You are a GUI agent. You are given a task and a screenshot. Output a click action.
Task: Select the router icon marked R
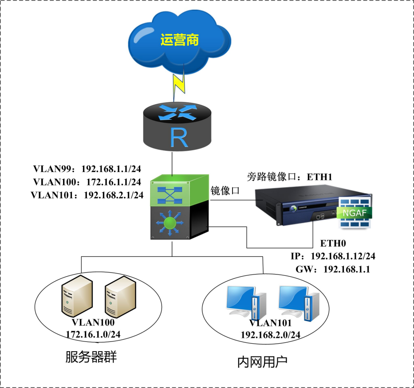click(179, 125)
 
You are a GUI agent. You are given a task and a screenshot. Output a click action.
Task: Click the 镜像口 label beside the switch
click(225, 191)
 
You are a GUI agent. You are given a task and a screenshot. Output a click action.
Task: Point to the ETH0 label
click(333, 243)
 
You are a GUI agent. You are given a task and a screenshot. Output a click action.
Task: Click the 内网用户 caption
click(263, 361)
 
